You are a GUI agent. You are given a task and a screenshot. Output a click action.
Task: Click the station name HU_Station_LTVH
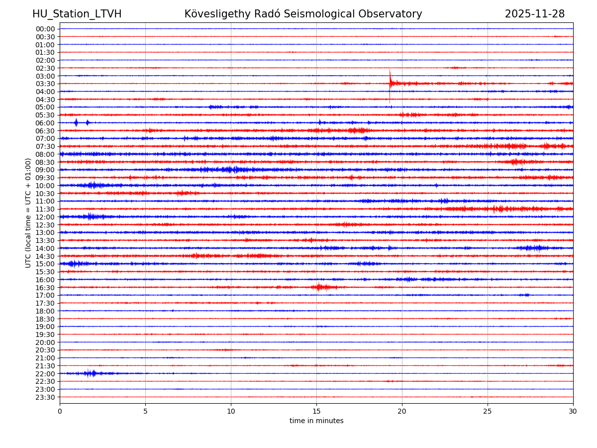coord(77,14)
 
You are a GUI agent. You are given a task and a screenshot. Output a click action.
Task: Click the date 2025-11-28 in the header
coord(534,14)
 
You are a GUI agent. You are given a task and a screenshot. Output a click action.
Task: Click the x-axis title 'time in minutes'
coord(316,421)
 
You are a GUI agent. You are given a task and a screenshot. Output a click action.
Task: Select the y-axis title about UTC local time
coord(28,213)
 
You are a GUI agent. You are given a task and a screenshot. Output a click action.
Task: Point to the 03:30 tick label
coord(45,84)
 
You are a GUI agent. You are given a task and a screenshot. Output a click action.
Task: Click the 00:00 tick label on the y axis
coord(45,29)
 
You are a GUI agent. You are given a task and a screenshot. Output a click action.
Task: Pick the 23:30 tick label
coord(45,397)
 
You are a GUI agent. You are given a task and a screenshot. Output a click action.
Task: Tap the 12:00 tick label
coord(45,217)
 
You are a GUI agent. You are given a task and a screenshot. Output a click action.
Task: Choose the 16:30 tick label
coord(45,288)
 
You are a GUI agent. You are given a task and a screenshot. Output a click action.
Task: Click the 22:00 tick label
coord(45,374)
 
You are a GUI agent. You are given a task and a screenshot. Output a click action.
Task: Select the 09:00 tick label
coord(45,170)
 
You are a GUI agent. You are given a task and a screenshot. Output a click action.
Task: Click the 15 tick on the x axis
coord(316,411)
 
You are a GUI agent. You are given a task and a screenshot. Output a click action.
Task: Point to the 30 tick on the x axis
coord(573,411)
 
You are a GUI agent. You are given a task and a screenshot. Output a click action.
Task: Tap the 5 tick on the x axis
coord(145,411)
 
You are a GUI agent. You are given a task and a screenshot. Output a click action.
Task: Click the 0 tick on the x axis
coord(60,411)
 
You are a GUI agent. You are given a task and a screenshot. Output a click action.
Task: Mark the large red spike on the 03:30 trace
coord(390,80)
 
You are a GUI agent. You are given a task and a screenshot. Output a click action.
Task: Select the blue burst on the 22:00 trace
coord(91,373)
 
